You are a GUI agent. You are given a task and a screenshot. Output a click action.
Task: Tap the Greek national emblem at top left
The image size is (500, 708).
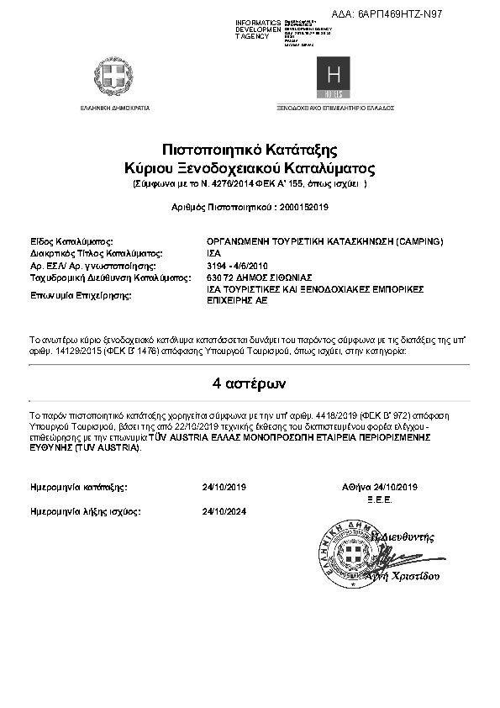114,77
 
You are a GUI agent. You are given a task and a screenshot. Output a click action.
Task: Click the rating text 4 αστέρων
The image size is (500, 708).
250,384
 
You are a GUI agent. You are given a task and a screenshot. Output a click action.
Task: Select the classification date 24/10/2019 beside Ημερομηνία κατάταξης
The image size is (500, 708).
224,486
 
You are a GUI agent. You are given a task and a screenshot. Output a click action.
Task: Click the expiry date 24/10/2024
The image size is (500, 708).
224,510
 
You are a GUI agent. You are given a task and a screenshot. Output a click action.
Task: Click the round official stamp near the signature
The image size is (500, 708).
351,553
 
